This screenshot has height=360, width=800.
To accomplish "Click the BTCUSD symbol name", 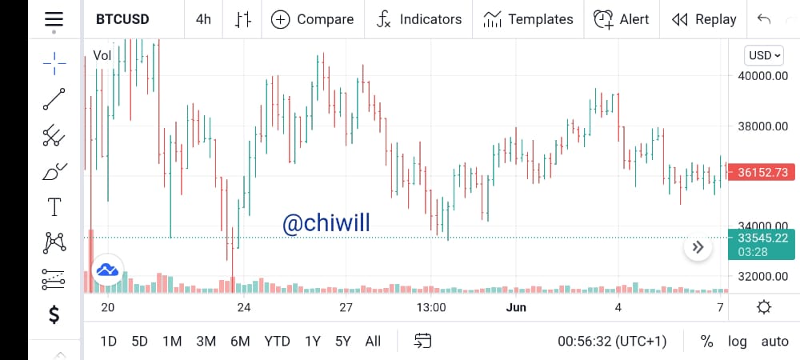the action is (x=122, y=19).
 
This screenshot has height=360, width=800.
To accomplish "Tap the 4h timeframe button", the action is (x=203, y=19).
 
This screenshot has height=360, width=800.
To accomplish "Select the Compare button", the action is (x=312, y=19).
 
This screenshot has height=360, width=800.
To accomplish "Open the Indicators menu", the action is (x=419, y=19).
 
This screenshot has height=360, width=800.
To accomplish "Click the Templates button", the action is (x=528, y=19).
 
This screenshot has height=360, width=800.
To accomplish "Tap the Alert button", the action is (x=621, y=19).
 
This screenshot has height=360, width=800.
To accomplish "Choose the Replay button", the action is (x=704, y=19).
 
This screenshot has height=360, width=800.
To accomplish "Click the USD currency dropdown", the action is (x=764, y=55).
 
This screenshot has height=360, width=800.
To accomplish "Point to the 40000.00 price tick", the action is (x=762, y=76).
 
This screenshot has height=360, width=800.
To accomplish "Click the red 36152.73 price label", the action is (x=762, y=172).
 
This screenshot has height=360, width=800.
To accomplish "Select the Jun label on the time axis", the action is (x=516, y=307).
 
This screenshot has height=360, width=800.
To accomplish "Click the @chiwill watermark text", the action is (x=326, y=223).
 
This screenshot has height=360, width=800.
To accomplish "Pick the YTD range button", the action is (x=277, y=341).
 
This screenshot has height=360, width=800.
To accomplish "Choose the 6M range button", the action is (x=240, y=341).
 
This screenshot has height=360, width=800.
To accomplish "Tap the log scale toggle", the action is (x=738, y=341).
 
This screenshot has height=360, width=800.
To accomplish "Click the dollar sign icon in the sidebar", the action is (x=54, y=314).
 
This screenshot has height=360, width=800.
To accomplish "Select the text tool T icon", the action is (x=54, y=207).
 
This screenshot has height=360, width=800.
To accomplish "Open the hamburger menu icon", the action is (x=54, y=19).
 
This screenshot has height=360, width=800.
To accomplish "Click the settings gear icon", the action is (x=764, y=307).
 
